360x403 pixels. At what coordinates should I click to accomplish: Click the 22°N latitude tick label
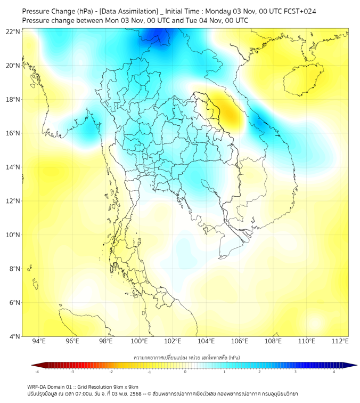point(13,32)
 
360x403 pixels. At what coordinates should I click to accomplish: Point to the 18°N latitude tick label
point(13,100)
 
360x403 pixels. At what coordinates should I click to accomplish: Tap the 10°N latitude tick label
point(13,235)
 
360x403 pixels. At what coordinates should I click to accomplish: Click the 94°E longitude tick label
point(39,341)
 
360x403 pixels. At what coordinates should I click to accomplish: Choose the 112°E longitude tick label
point(340,341)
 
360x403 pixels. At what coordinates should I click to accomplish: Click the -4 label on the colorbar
point(37,372)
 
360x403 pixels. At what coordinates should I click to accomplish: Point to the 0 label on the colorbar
point(185,372)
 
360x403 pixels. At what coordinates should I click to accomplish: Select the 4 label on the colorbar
point(334,372)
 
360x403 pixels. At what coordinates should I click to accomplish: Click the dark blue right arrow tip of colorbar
point(354,365)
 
